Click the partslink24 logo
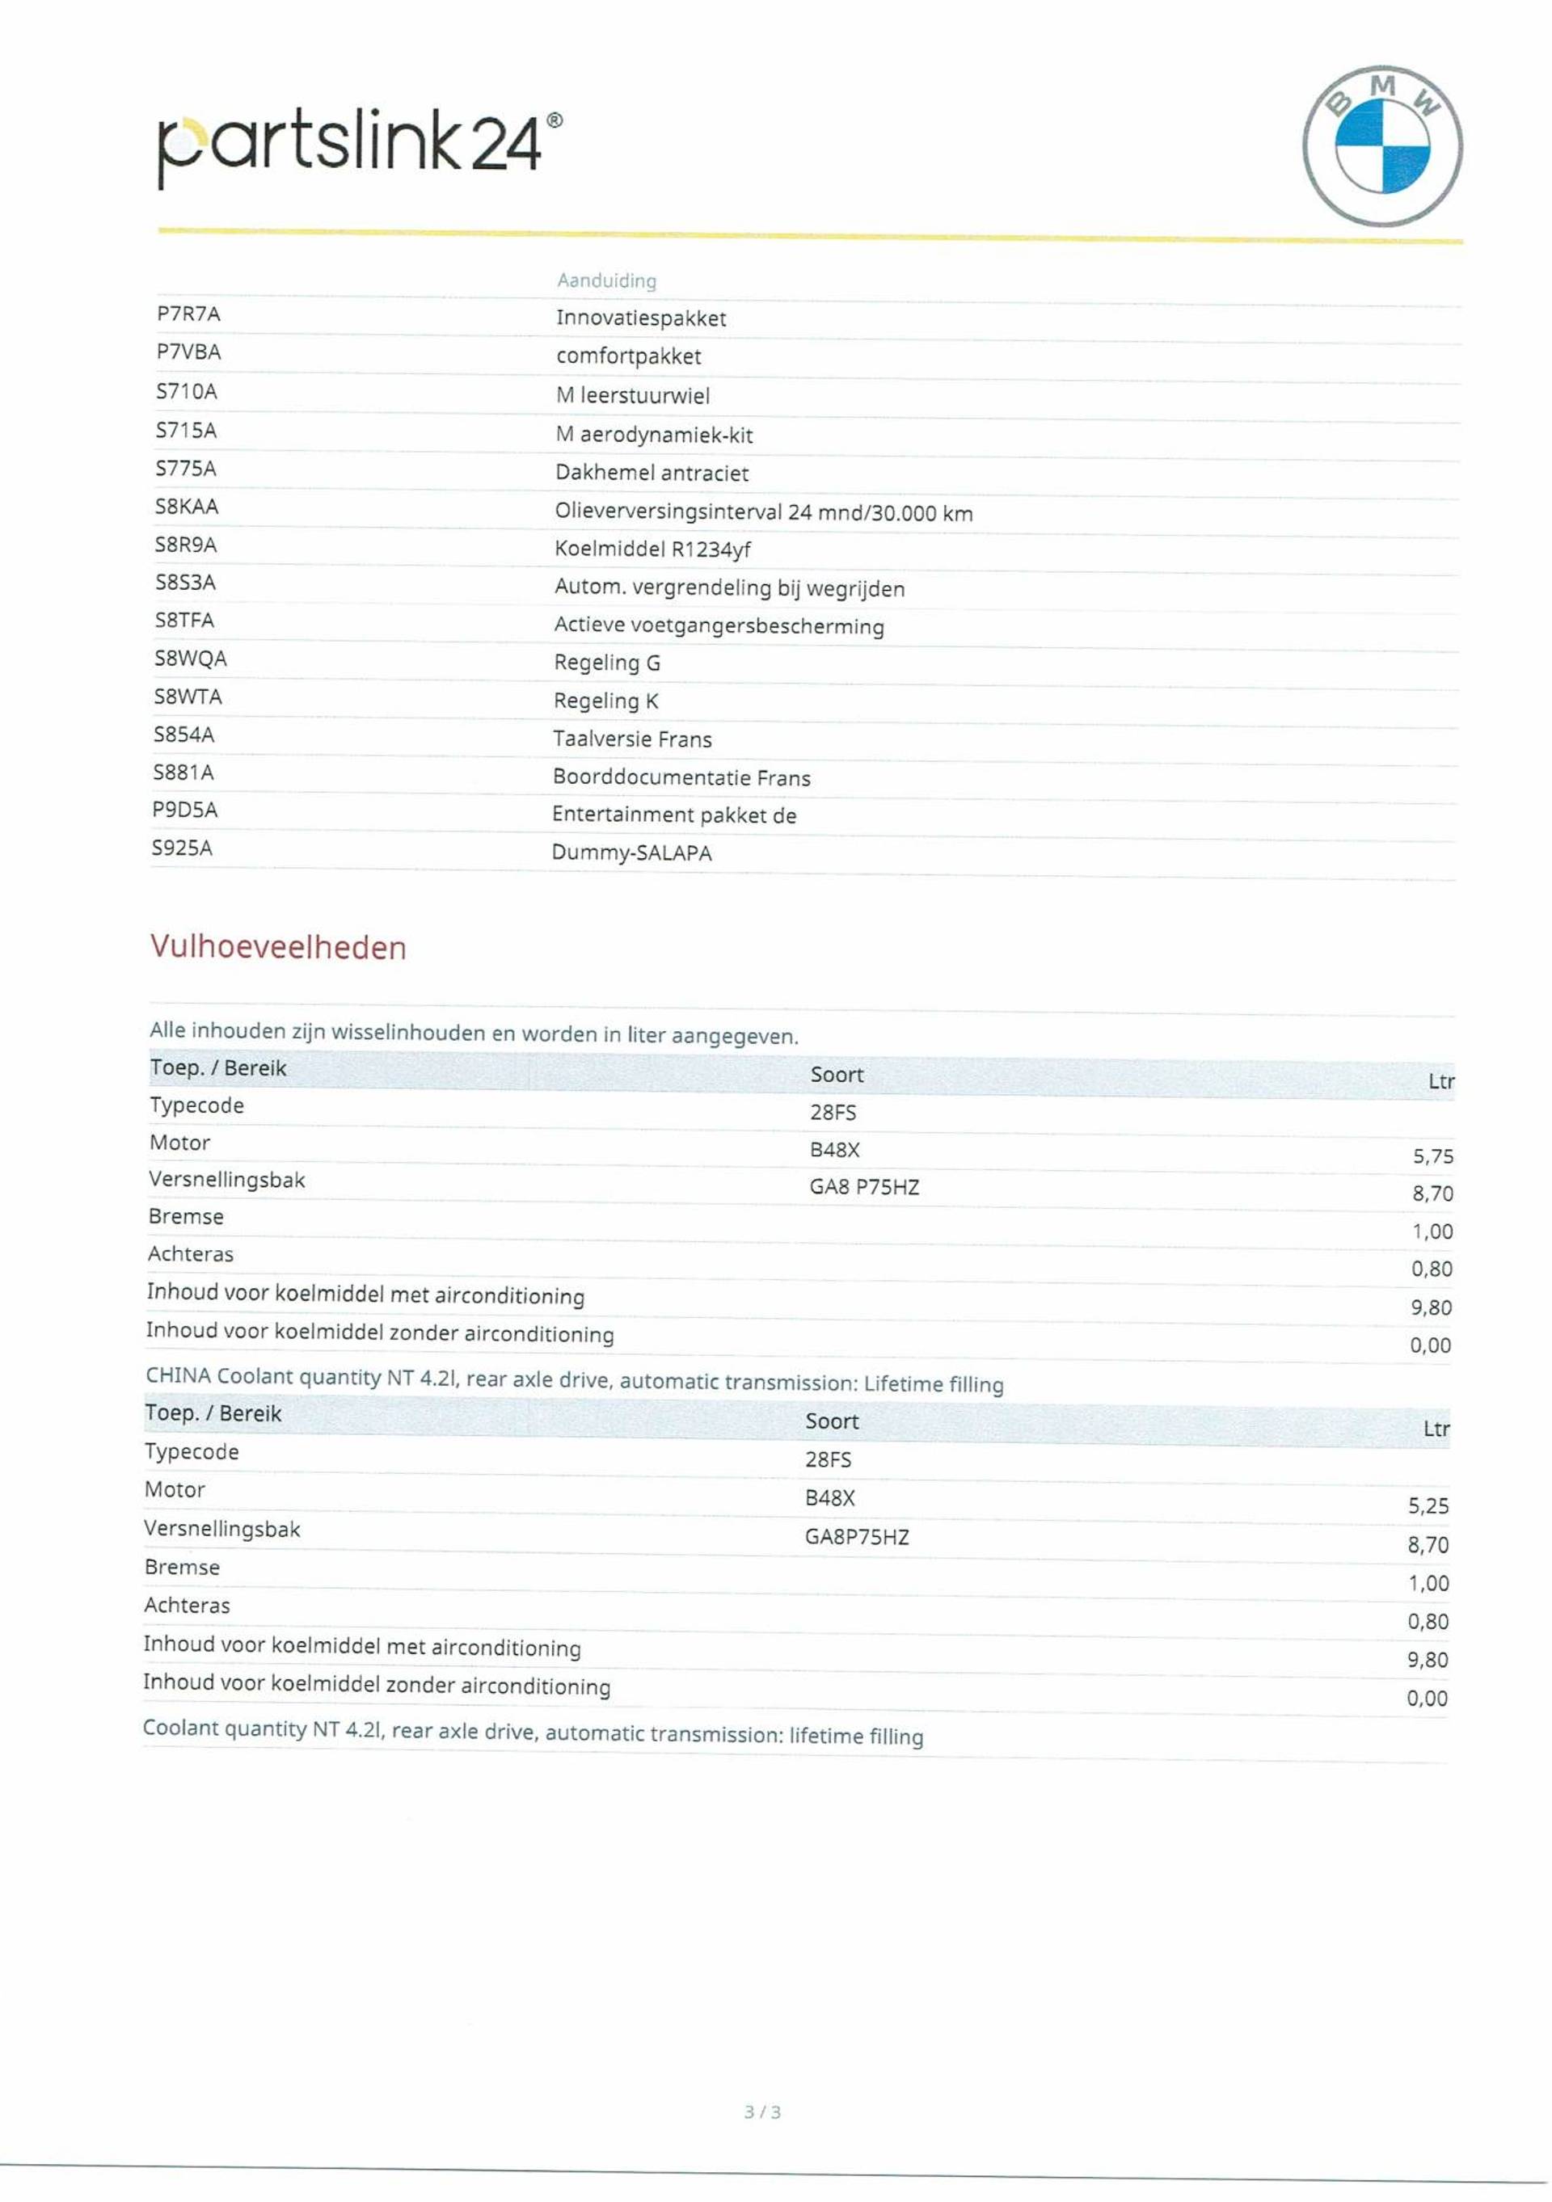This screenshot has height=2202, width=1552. coord(360,144)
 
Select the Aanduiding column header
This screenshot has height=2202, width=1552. coord(606,280)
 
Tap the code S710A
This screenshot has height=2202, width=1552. coord(187,391)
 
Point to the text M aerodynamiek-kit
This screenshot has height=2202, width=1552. coord(654,435)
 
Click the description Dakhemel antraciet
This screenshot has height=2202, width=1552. coord(652,473)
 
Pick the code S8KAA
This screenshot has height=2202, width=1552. coord(187,507)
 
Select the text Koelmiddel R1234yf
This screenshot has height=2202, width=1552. coord(652,549)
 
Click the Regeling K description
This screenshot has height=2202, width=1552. coord(606,701)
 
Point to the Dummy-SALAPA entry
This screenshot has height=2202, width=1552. coord(631,853)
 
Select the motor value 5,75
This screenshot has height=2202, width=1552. coord(1432,1156)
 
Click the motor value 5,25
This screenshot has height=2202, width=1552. coord(1428,1505)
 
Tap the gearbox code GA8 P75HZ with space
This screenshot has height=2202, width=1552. coord(864,1187)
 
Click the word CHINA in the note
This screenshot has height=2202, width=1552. coord(179,1375)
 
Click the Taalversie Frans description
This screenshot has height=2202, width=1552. coord(632,739)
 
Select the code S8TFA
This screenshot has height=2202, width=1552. coord(185,621)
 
